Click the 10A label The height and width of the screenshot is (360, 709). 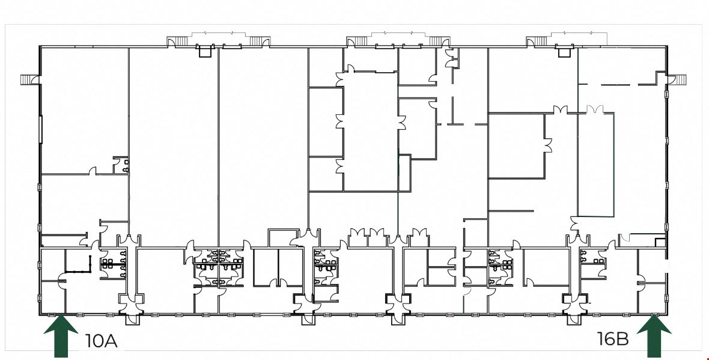tap(102, 341)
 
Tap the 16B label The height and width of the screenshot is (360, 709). tap(613, 338)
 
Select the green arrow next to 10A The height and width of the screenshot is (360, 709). tap(61, 337)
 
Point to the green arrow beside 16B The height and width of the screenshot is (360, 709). tap(654, 337)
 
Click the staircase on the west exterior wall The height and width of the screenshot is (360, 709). tap(28, 79)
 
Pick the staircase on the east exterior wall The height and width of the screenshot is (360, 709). tap(681, 79)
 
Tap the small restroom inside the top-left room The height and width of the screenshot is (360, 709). tap(121, 165)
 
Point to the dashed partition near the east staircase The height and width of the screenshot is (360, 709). tap(616, 84)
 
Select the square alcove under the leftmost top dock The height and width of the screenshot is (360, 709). tap(205, 52)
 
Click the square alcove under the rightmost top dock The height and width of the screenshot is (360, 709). tap(564, 52)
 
